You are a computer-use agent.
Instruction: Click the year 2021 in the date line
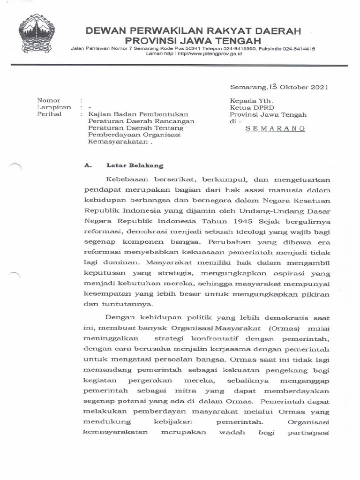click(318, 87)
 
